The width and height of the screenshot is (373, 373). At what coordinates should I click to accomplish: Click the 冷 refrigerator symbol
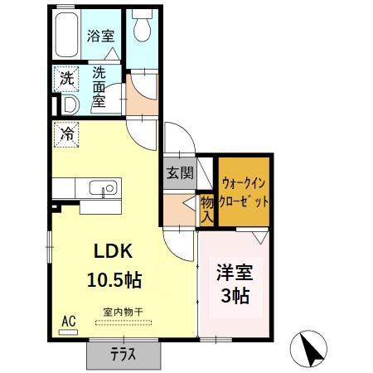pyautogui.click(x=66, y=133)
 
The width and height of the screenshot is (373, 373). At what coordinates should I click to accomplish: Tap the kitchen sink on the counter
pyautogui.click(x=104, y=190)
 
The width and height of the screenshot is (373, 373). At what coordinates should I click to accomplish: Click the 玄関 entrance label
pyautogui.click(x=179, y=173)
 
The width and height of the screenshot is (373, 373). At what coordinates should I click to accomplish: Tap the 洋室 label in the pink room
pyautogui.click(x=235, y=271)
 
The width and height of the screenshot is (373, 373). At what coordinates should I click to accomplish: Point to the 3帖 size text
pyautogui.click(x=236, y=295)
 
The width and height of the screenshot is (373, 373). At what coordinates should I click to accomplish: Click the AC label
pyautogui.click(x=67, y=320)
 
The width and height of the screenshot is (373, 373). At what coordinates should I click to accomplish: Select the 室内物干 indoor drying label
pyautogui.click(x=123, y=312)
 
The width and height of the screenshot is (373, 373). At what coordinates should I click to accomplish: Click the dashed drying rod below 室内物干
pyautogui.click(x=124, y=322)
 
